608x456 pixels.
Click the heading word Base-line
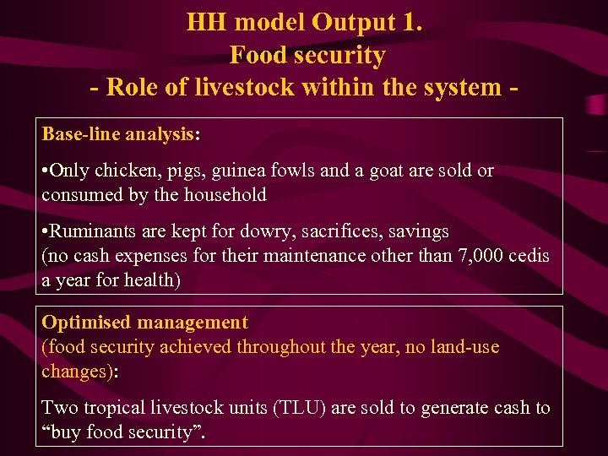78,134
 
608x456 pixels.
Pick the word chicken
126,171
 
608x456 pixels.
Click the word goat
381,171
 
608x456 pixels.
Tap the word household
224,195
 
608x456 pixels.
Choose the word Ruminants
95,231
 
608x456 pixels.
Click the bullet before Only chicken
46,171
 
